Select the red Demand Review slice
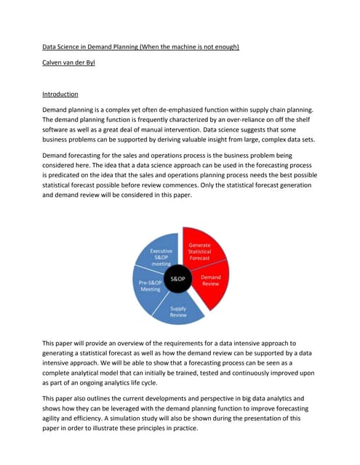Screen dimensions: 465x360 click(x=212, y=282)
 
